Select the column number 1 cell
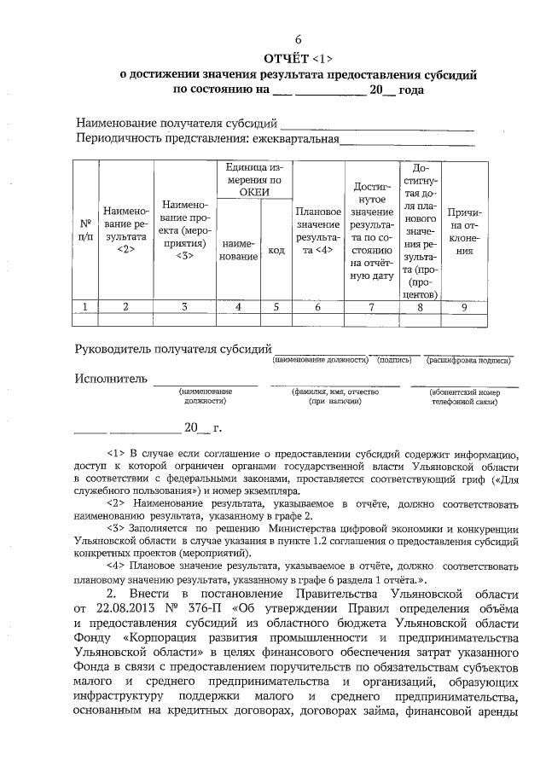[84, 307]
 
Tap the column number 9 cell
[464, 307]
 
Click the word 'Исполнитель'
[111, 378]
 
